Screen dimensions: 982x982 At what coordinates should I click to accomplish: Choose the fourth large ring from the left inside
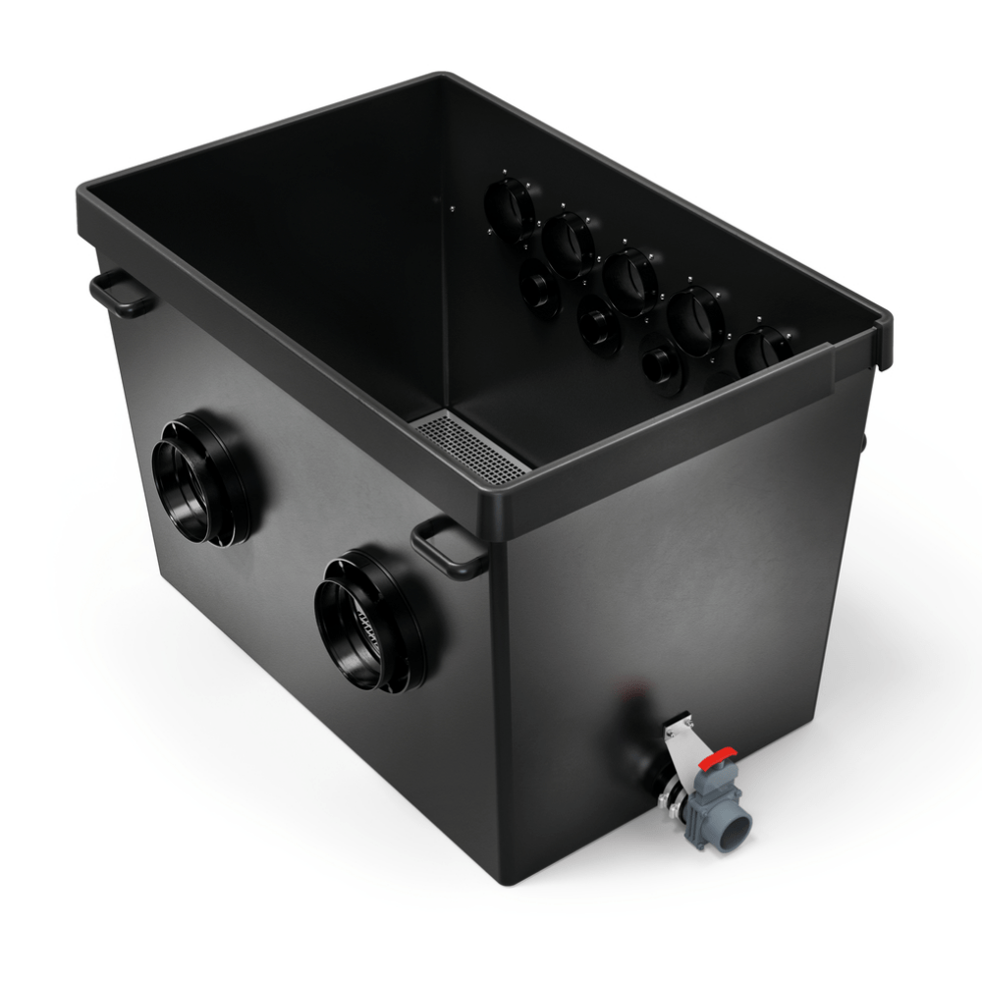[694, 318]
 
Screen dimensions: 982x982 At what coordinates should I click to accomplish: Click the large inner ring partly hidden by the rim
[762, 351]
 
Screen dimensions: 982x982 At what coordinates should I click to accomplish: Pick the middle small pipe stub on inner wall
[597, 324]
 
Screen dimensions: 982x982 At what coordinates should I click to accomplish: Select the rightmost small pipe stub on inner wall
[660, 366]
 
